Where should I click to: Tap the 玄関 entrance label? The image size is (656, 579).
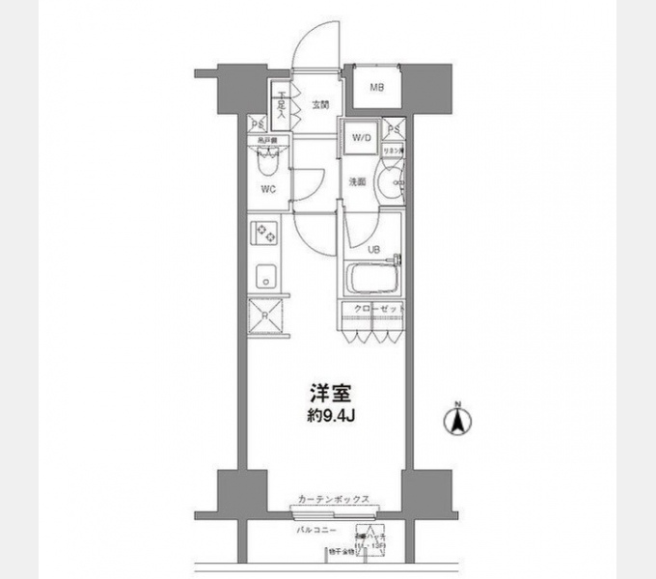click(320, 105)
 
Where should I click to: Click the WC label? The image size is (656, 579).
click(268, 189)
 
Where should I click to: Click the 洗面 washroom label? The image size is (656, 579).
click(357, 180)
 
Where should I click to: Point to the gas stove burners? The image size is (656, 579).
click(263, 233)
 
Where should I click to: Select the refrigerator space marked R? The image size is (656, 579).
click(264, 315)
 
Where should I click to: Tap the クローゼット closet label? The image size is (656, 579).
click(376, 308)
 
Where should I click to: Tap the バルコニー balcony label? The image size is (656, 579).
click(315, 530)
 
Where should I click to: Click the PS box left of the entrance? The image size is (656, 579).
click(257, 124)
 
